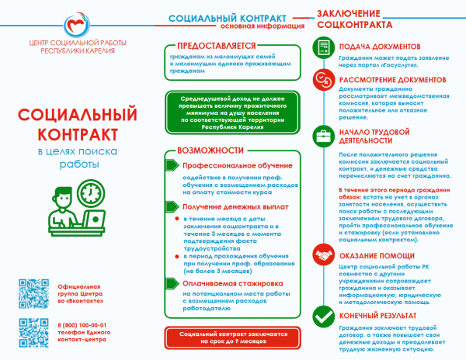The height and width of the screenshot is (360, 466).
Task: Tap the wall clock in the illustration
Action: pos(90,192)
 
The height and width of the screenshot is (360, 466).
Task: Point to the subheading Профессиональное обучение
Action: pos(226,166)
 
